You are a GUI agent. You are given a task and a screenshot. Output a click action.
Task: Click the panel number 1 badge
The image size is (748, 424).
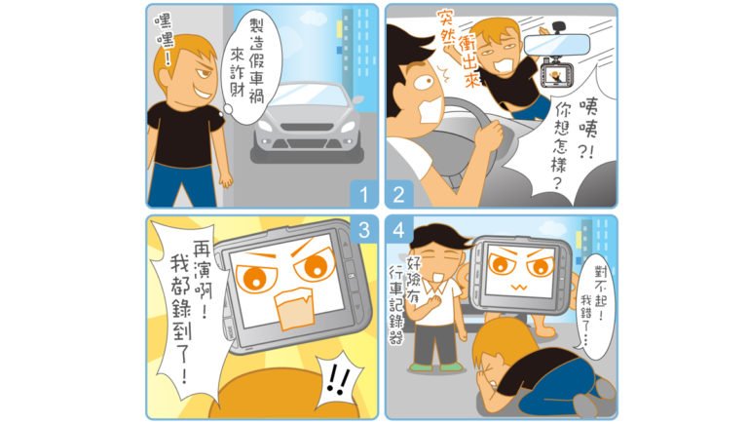tap(364, 194)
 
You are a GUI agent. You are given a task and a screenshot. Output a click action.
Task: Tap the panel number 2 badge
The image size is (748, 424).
tap(398, 194)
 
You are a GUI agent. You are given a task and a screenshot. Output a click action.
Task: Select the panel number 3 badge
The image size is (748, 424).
tap(364, 229)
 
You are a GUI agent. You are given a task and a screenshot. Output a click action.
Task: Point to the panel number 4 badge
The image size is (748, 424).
tap(398, 230)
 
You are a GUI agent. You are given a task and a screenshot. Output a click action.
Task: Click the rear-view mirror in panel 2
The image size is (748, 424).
tap(557, 45)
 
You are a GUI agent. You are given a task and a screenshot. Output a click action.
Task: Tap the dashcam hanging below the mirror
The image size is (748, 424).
tap(555, 73)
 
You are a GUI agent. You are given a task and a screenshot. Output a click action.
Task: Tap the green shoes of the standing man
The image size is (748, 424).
tap(436, 367)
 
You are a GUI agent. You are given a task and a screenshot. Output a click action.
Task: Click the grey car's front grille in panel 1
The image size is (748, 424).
tap(306, 128)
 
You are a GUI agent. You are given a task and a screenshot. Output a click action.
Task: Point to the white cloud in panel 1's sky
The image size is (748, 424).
tap(314, 19)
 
